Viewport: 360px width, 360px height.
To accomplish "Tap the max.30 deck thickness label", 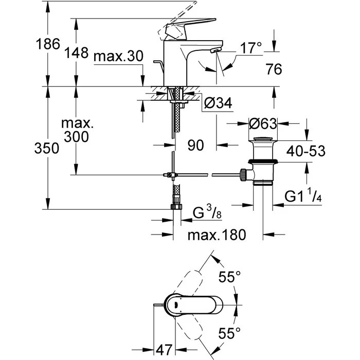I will tap(118, 57).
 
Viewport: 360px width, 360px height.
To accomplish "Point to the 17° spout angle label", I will tap(251, 48).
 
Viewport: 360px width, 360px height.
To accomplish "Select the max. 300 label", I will tap(76, 131).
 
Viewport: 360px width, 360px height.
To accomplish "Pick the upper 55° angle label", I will tap(230, 277).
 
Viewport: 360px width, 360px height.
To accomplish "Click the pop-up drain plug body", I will tap(263, 162).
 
